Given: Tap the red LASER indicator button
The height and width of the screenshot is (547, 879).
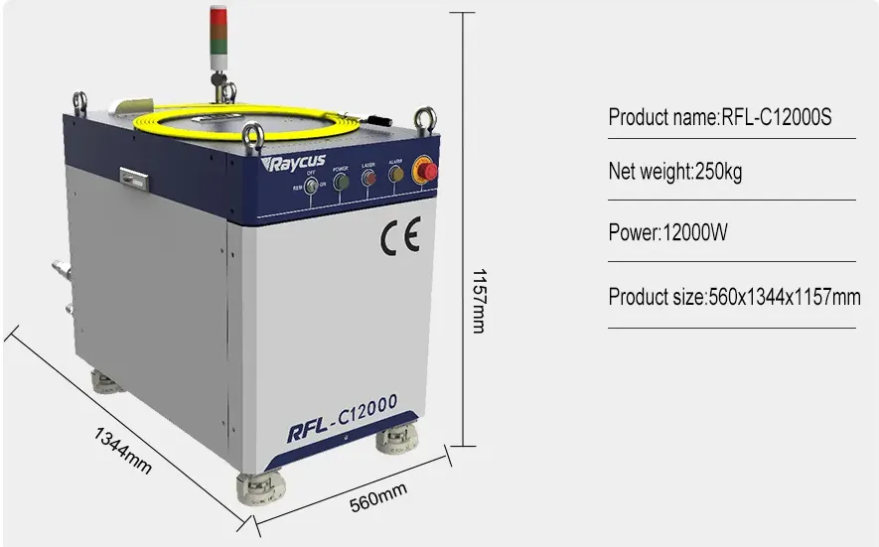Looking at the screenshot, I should pos(368,180).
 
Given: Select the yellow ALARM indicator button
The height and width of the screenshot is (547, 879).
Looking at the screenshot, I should pos(396,176).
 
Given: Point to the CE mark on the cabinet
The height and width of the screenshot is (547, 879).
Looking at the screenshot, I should pos(400,235).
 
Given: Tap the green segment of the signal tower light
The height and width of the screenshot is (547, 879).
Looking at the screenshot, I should pos(218,37).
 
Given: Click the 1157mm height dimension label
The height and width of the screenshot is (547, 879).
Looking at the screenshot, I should pos(480,299).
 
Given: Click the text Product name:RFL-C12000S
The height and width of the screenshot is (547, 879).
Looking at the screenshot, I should pos(719,118).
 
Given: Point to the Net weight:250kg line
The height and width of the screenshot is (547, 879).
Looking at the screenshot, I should pos(674,172).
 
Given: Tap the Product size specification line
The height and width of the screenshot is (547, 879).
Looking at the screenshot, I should pos(733,297).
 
